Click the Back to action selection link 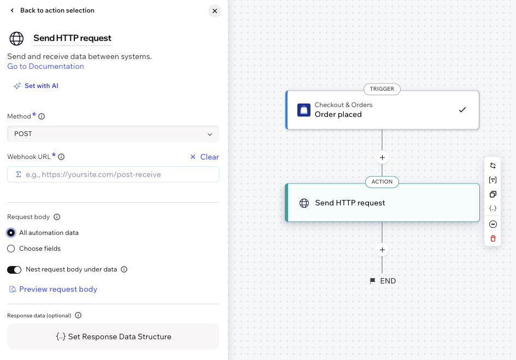coord(52,10)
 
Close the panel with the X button coord(215,11)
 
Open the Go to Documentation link coord(45,67)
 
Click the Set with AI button coord(36,86)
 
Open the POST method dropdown coord(113,134)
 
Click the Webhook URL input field coord(113,174)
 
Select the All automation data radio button coord(11,233)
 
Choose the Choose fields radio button coord(11,249)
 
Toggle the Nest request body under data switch coord(14,269)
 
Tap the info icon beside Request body coord(57,217)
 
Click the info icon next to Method coord(42,116)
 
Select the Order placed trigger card coord(382,110)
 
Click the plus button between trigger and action coord(382,157)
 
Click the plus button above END coord(382,250)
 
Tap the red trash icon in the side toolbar coord(492,238)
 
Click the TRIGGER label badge coord(382,88)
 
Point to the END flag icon coord(373,281)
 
